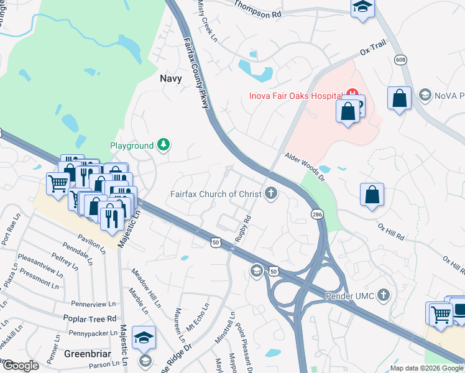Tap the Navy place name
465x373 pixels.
point(171,78)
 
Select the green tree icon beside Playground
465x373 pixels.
point(163,145)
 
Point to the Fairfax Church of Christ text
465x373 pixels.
point(216,194)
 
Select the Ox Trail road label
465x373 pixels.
point(373,48)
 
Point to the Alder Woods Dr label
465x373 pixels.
point(305,168)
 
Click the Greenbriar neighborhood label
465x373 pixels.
point(87,354)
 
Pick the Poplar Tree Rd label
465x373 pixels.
point(90,318)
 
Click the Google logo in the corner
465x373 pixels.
point(20,366)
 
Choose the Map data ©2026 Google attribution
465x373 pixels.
point(426,368)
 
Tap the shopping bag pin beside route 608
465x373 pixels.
point(399,98)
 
